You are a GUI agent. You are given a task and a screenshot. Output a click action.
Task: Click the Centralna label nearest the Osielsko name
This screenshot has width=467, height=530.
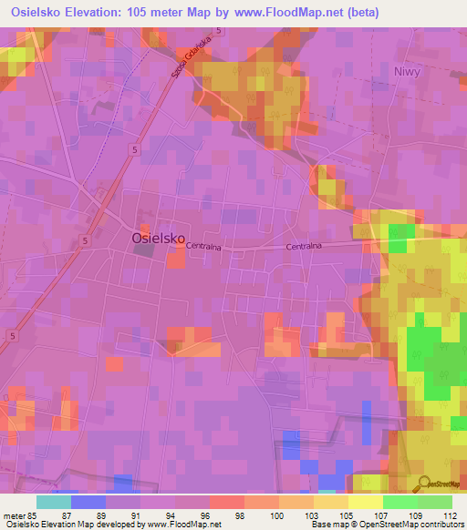tap(204, 246)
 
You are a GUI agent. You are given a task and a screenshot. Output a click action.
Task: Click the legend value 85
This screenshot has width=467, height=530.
tap(31, 515)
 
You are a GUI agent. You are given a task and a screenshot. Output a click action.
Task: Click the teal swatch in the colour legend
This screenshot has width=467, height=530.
tap(54, 502)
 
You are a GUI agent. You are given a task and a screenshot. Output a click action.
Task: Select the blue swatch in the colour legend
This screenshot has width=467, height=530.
tap(88, 502)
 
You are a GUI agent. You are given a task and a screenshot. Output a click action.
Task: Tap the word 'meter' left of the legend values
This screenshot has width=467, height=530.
tap(12, 515)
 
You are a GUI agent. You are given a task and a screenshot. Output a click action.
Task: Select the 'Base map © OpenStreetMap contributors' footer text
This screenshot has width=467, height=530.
tap(386, 525)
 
